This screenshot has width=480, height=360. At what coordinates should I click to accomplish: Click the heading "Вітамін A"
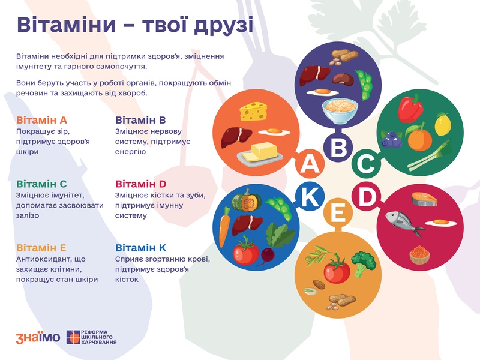(41, 120)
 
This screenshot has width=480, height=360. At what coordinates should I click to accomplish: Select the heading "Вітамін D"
(140, 184)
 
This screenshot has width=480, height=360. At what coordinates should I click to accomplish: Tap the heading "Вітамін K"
(140, 248)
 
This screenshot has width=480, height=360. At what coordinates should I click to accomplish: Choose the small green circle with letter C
(366, 163)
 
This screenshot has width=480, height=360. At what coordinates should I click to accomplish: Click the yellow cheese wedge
(253, 111)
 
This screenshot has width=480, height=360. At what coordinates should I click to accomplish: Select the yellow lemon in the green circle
(442, 124)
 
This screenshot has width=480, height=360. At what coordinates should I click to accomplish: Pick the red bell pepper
(410, 109)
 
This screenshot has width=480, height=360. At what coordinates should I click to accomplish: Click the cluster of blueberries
(392, 140)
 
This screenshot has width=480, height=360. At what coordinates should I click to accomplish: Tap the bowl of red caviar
(419, 254)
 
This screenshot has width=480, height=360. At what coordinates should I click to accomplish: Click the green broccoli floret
(363, 263)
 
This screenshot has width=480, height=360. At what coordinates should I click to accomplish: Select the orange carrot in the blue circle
(224, 227)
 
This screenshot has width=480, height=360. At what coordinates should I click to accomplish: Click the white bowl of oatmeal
(340, 110)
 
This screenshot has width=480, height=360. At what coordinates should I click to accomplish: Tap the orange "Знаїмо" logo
(38, 337)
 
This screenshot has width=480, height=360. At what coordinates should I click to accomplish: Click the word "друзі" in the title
(224, 25)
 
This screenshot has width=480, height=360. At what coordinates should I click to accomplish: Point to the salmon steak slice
(424, 199)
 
